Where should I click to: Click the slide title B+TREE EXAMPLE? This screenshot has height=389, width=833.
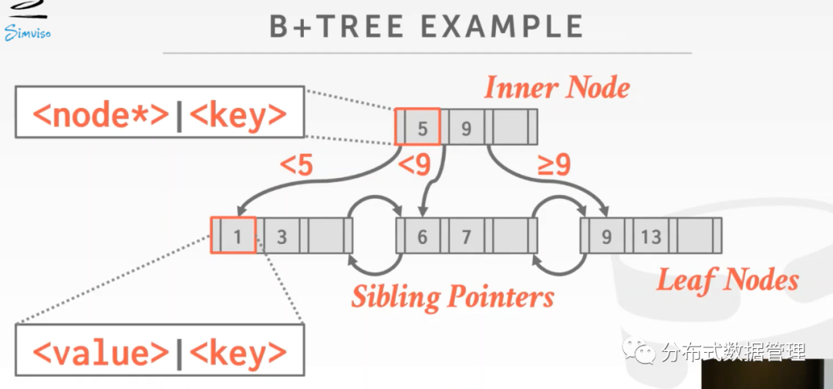427,27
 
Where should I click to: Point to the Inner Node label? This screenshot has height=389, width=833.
557,88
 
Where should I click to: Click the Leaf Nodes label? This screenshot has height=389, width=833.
727,280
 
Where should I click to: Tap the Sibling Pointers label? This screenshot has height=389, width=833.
453,297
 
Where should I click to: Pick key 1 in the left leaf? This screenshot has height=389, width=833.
238,236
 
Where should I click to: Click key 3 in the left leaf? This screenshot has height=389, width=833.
282,236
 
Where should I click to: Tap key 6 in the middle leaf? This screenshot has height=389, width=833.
422,236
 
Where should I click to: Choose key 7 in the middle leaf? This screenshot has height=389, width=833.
467,236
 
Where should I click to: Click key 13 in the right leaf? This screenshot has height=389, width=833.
652,236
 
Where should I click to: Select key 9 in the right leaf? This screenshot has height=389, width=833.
607,236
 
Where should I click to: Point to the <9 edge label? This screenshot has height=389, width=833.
414,165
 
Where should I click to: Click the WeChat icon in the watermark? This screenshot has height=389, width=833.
639,351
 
